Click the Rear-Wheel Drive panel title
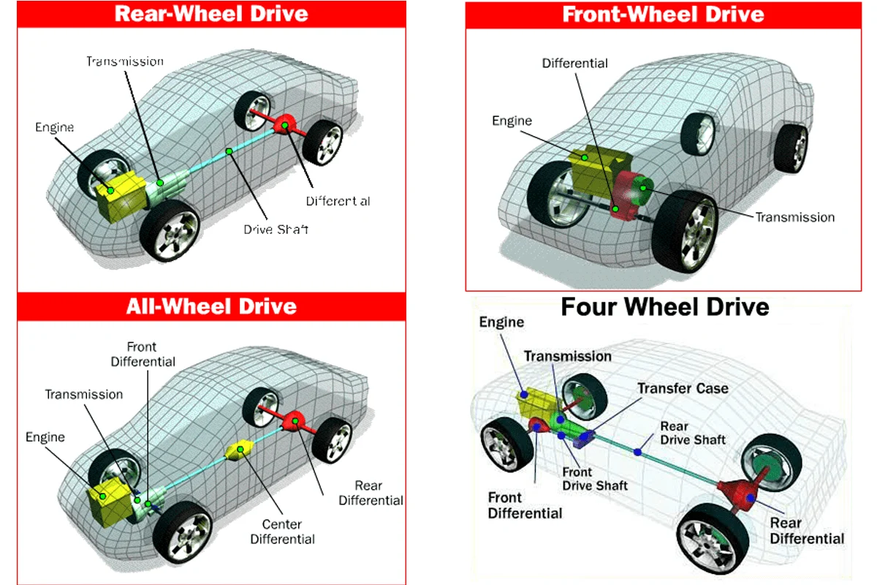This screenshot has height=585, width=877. (x=211, y=13)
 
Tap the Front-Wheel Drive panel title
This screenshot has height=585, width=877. (x=663, y=14)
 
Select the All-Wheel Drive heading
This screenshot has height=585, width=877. (x=211, y=306)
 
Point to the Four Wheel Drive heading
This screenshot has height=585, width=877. (x=664, y=306)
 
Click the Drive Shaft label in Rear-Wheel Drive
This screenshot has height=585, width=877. (x=276, y=230)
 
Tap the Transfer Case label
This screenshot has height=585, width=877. (x=683, y=388)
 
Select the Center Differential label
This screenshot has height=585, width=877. (x=282, y=532)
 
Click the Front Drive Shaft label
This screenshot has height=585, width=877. (x=594, y=479)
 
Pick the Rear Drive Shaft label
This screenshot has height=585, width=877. (x=692, y=432)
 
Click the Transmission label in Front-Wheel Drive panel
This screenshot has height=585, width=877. (x=794, y=217)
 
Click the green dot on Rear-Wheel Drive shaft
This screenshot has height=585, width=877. (x=229, y=151)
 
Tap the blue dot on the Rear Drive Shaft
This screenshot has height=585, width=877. (x=638, y=453)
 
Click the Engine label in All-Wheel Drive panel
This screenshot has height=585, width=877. (x=45, y=437)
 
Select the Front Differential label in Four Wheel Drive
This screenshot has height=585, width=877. (x=525, y=505)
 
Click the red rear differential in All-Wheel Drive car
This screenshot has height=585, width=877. (x=294, y=420)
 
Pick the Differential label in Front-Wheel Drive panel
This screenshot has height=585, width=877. (x=574, y=64)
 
